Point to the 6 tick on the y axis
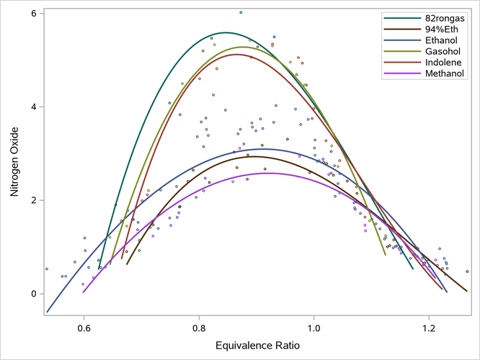tap(33, 14)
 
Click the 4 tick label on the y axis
tap(33, 107)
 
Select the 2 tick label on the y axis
tap(33, 200)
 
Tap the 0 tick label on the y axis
tap(33, 294)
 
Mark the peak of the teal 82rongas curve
tap(226, 32)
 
